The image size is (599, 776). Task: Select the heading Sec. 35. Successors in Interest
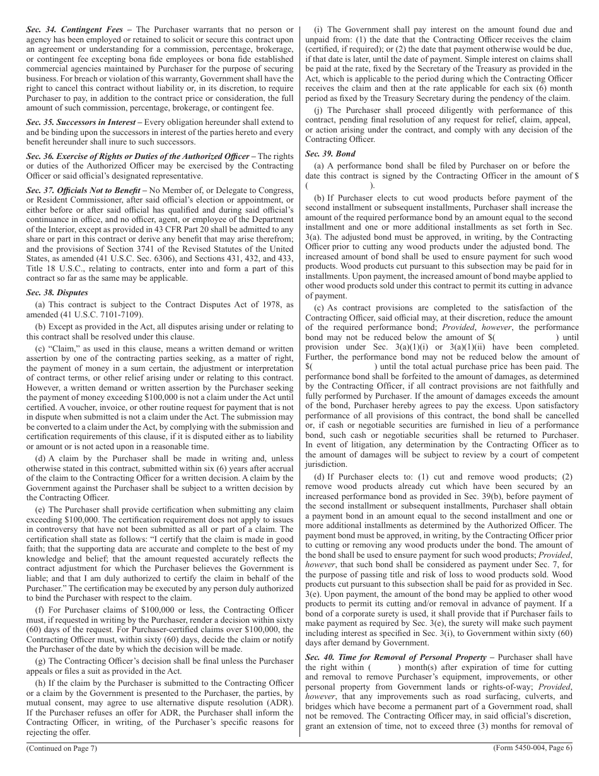coord(81,122)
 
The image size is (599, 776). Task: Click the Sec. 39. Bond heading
coord(330,153)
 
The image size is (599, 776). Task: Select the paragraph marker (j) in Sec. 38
coord(318,110)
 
